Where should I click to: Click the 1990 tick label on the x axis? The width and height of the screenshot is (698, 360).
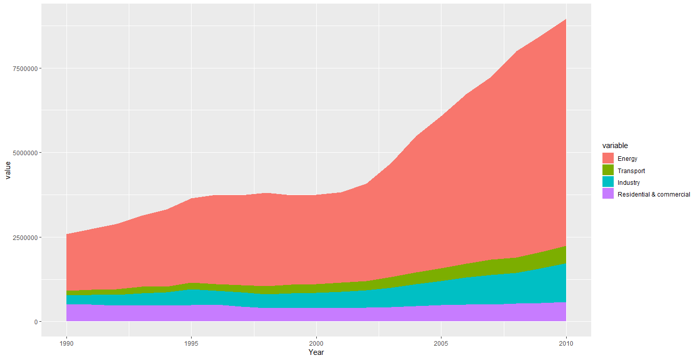[66, 343]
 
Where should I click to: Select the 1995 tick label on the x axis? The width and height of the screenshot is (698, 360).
[192, 343]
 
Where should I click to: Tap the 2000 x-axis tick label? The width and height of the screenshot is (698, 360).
[317, 343]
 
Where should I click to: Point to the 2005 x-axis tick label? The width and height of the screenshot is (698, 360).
[441, 343]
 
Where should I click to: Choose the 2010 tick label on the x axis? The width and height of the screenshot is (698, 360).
[566, 343]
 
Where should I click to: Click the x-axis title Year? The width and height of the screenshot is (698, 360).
[316, 352]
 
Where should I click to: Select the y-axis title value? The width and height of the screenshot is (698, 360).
[8, 171]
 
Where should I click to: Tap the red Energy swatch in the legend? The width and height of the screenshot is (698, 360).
[608, 158]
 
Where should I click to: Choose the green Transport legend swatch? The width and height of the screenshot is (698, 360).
[608, 171]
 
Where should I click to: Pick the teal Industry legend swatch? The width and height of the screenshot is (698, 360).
[608, 182]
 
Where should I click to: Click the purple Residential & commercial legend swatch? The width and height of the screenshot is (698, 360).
[608, 194]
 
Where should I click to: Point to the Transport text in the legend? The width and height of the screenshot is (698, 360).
[631, 171]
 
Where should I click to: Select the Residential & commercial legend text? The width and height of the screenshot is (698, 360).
[654, 195]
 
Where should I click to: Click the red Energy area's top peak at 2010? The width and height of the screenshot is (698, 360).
[566, 19]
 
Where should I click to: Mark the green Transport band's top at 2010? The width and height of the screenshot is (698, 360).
[566, 246]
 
